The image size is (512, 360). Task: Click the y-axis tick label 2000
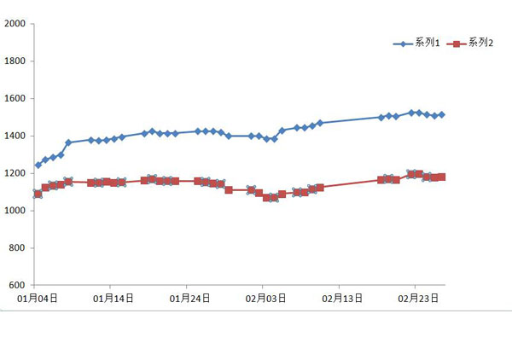17,24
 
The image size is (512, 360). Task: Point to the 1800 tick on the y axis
17,61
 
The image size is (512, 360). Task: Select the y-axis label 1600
17,99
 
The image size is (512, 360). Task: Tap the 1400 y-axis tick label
17,136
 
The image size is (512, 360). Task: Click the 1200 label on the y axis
17,173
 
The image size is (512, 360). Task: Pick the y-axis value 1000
17,211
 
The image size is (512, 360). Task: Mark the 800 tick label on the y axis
20,248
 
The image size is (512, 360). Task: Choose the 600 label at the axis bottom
20,285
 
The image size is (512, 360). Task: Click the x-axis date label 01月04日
38,299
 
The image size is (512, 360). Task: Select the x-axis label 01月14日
113,299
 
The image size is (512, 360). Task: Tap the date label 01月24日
189,299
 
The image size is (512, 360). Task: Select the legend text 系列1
427,44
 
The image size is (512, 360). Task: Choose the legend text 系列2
480,44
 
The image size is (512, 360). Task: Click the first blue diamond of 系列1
38,165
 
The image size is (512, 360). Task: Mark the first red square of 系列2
38,194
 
